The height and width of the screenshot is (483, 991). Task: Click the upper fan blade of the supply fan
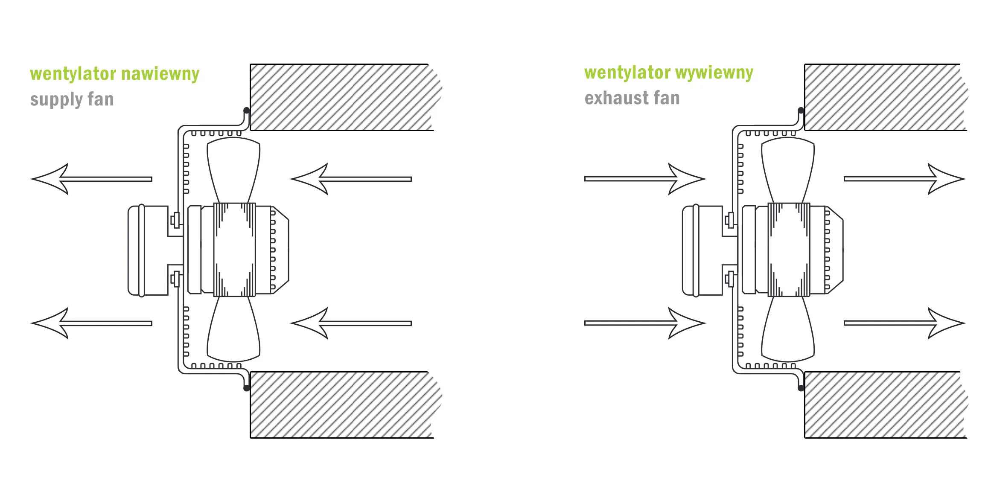[233, 169]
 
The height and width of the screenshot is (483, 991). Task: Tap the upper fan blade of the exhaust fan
[788, 169]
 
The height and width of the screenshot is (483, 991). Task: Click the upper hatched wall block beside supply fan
[341, 97]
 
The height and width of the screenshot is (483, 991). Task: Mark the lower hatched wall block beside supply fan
[341, 404]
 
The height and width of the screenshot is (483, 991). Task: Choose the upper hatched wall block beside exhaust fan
[883, 97]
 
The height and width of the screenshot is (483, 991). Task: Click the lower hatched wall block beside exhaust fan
[883, 404]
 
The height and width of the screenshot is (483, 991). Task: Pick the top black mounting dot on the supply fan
[246, 111]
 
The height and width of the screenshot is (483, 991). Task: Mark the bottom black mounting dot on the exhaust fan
[801, 388]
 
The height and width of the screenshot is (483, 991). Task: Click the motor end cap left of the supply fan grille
[147, 251]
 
